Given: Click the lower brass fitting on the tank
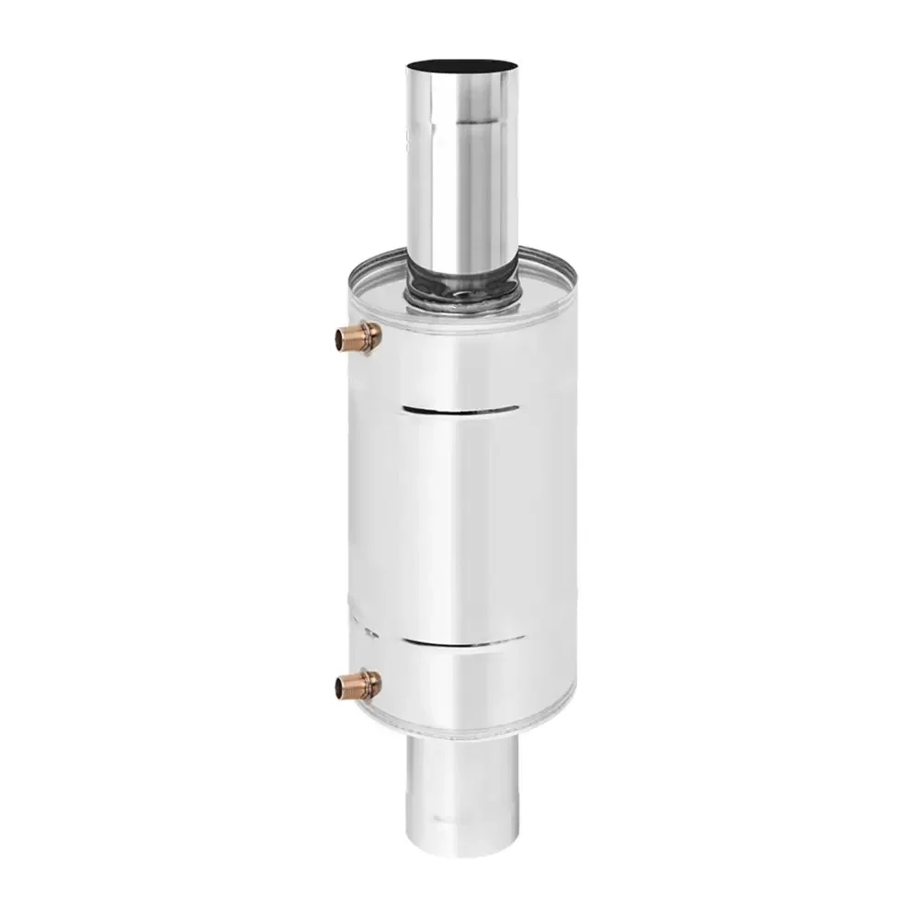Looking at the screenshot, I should (x=353, y=683).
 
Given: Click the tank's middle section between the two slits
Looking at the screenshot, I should (x=459, y=524).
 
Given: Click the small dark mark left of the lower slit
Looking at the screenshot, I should (x=369, y=633).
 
